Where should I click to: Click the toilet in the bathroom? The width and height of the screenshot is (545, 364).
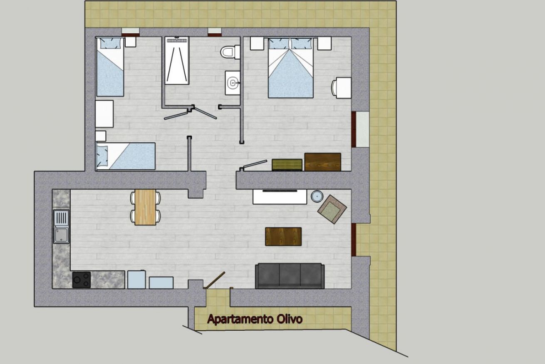coord(230,52)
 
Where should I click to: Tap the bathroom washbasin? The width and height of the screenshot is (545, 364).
coord(233,83)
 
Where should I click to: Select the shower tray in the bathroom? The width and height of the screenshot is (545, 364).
coord(177,61)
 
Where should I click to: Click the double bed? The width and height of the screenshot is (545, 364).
coord(290,68)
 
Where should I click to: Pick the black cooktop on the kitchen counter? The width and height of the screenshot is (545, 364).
coord(82,280)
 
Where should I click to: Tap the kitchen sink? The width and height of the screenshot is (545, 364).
coord(61,227)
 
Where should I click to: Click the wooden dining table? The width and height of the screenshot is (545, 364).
coord(146,207)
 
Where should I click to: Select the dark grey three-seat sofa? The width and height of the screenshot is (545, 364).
coord(290,276)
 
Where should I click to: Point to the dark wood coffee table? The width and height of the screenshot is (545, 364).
coord(283,237)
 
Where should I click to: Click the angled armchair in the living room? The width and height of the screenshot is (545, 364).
coord(332,209)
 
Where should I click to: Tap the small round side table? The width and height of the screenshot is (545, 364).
coord(317,196)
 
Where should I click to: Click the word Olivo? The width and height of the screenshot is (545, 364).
coord(290,319)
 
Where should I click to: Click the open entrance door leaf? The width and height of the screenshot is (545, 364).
coord(215,280)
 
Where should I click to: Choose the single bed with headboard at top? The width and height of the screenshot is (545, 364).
coord(110,67)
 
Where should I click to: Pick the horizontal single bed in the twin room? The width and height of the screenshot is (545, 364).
coord(126,156)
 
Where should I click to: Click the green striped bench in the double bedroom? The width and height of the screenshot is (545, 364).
coord(287,165)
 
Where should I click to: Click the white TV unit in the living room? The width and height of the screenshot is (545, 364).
coord(280,197)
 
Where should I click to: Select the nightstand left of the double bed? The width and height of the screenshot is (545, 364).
coord(257,44)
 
